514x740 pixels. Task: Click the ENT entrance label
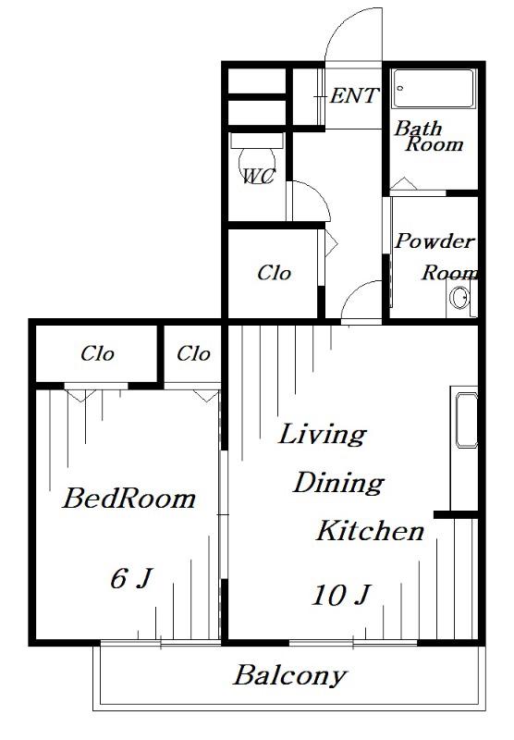354,96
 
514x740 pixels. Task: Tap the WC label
259,177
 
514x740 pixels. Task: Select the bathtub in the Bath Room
434,89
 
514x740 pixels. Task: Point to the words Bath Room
429,136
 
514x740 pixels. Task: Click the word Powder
434,240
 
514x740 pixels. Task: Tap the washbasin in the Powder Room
459,298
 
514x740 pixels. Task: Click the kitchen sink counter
464,449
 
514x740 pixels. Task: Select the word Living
323,435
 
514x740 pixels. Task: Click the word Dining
338,483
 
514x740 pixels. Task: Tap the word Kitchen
370,531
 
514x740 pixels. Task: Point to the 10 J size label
341,595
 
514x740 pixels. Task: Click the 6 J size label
131,577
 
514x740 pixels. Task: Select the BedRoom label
128,499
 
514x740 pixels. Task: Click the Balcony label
290,676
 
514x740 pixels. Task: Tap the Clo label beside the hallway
274,273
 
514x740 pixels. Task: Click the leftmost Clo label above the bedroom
97,353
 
